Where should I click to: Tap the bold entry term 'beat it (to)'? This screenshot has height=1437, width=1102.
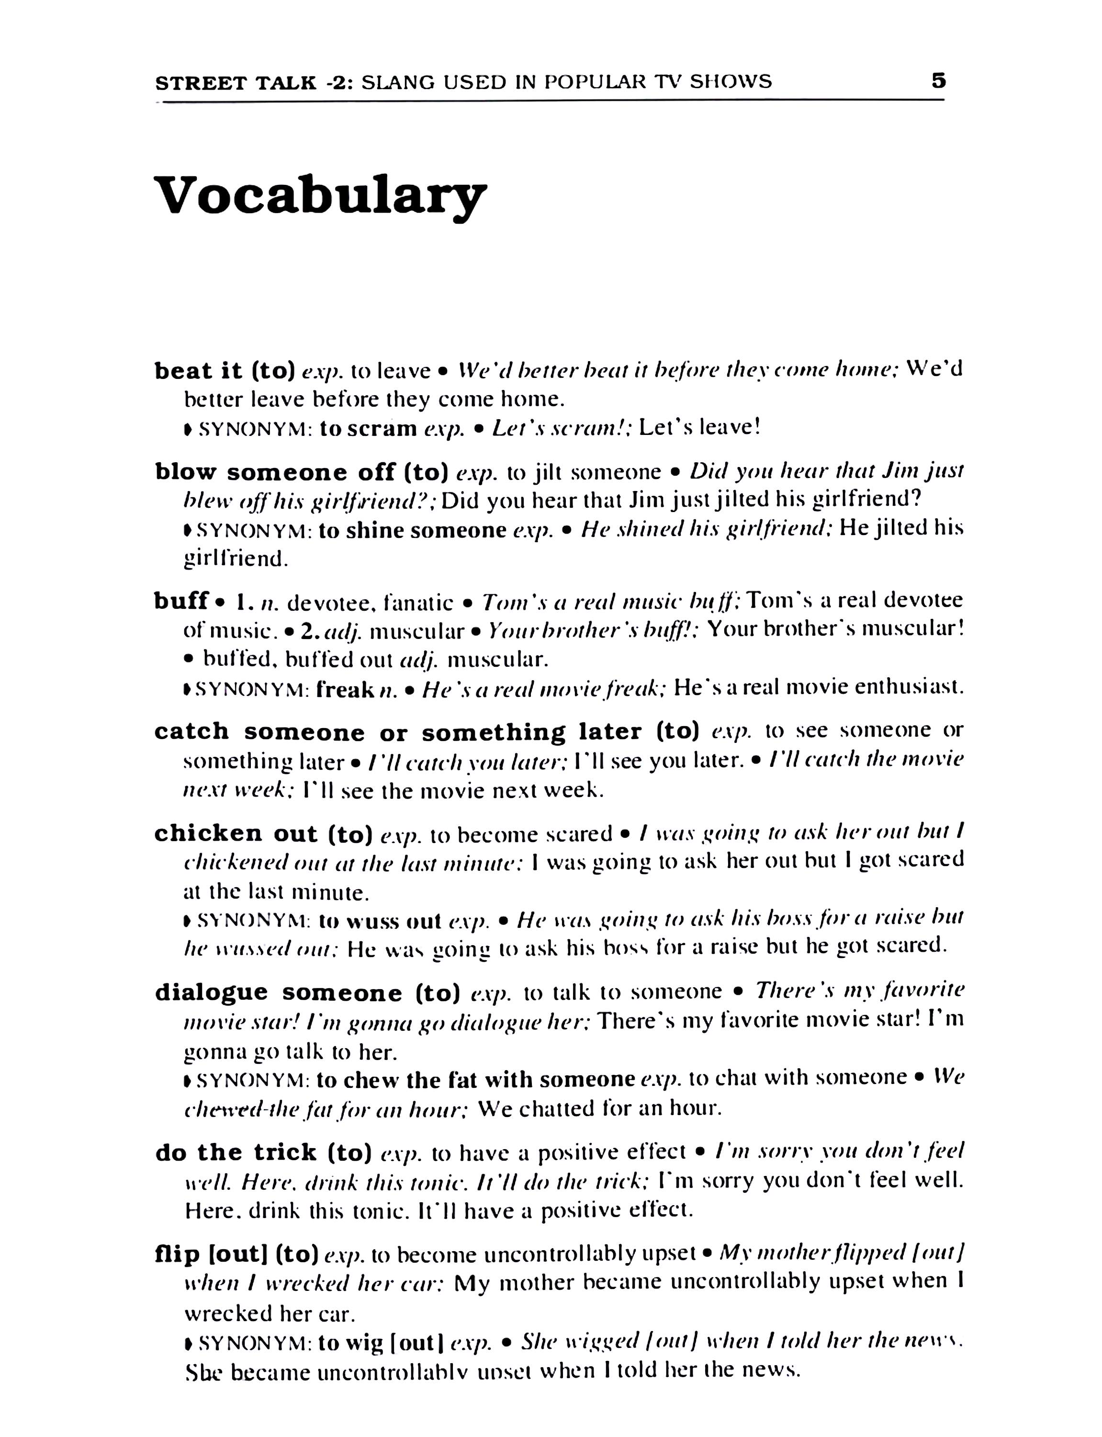pos(225,371)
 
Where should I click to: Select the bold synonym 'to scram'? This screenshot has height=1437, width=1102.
pos(368,429)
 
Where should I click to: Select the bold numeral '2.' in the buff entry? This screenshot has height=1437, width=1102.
pos(311,630)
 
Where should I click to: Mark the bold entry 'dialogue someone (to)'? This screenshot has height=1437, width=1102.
pos(307,993)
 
